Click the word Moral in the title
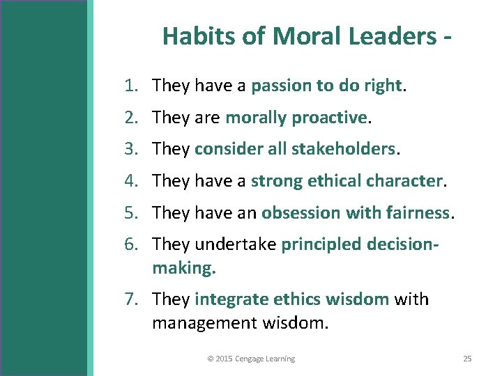(297, 36)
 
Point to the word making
(183, 267)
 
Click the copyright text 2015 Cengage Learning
(251, 359)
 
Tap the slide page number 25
(467, 359)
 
